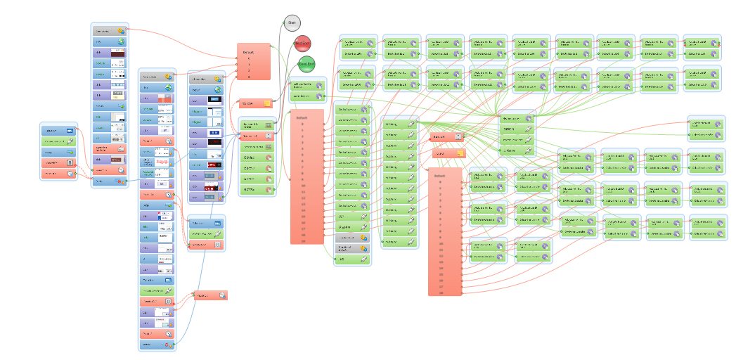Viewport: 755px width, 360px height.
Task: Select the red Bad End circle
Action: click(x=303, y=44)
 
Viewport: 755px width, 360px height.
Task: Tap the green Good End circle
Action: click(x=306, y=64)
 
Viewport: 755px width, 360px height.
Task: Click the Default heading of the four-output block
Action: click(x=249, y=53)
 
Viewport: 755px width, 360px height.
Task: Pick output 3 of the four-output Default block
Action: click(x=249, y=76)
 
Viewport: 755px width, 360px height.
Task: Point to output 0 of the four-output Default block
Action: click(x=249, y=59)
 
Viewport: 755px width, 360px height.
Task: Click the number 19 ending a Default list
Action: click(x=441, y=293)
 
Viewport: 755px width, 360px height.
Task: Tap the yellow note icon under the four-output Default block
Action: click(x=266, y=103)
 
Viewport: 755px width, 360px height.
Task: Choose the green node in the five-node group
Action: click(x=60, y=141)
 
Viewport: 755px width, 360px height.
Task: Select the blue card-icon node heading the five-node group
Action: click(x=60, y=131)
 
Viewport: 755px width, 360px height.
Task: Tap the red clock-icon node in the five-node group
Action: click(x=60, y=172)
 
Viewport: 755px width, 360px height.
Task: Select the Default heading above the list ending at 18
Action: click(x=303, y=117)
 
